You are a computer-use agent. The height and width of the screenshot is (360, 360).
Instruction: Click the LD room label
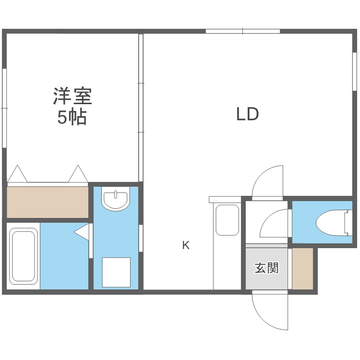[248, 114]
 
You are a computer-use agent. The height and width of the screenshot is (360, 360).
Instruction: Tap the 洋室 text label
[72, 96]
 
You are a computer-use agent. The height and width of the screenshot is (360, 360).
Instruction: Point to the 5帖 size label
[72, 117]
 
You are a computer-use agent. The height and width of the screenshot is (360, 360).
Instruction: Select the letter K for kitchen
[186, 245]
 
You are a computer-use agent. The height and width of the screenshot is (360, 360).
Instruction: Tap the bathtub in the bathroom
[24, 256]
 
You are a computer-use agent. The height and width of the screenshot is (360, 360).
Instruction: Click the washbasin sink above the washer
[116, 199]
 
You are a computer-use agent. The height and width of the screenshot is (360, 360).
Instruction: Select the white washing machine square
[116, 272]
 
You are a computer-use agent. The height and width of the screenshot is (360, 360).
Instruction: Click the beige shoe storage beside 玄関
[302, 268]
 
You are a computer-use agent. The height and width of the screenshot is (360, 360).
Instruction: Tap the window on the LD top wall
[243, 32]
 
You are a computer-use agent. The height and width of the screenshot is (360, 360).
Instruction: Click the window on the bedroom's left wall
[4, 108]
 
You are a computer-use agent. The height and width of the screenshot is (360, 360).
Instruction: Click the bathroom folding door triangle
[83, 231]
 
